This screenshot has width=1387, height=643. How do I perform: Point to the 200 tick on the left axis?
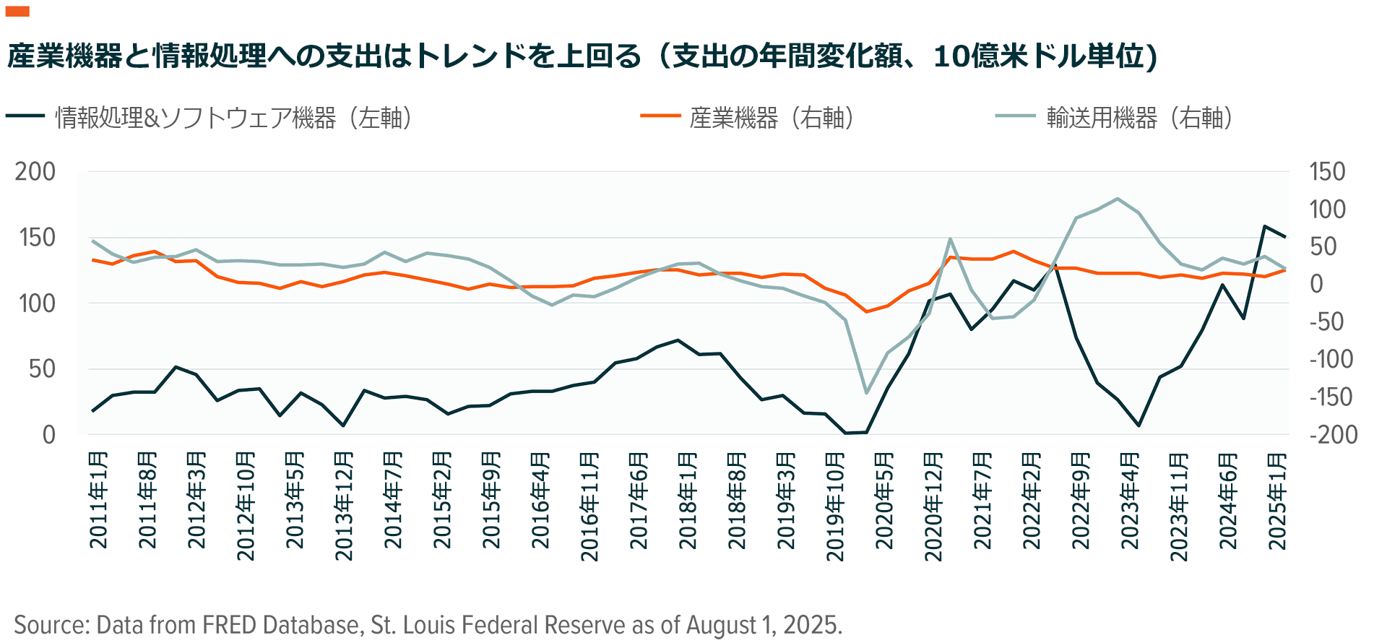(35, 172)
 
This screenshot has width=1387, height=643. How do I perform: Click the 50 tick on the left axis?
(42, 369)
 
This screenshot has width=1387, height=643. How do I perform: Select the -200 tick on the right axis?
(1333, 435)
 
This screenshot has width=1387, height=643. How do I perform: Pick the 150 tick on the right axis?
(1327, 172)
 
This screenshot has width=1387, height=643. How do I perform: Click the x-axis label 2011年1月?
(98, 500)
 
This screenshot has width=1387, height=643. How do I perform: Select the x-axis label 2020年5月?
(884, 500)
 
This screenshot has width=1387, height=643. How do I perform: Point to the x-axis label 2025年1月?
(1277, 500)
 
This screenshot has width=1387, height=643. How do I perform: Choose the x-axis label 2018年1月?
(688, 500)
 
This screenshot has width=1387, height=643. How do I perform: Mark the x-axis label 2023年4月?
(1130, 500)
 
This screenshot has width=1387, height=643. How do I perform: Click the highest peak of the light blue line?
(1118, 199)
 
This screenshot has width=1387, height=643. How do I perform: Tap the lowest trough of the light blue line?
(866, 393)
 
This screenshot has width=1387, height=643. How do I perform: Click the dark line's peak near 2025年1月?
(1264, 226)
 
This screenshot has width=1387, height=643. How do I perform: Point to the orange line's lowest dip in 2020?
(866, 311)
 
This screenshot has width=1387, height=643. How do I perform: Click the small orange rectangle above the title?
(17, 11)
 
